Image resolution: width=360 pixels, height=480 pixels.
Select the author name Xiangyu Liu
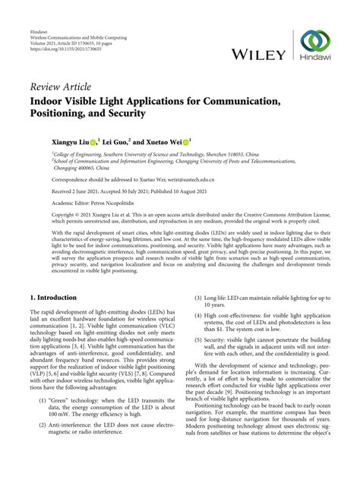pos(68,141)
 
